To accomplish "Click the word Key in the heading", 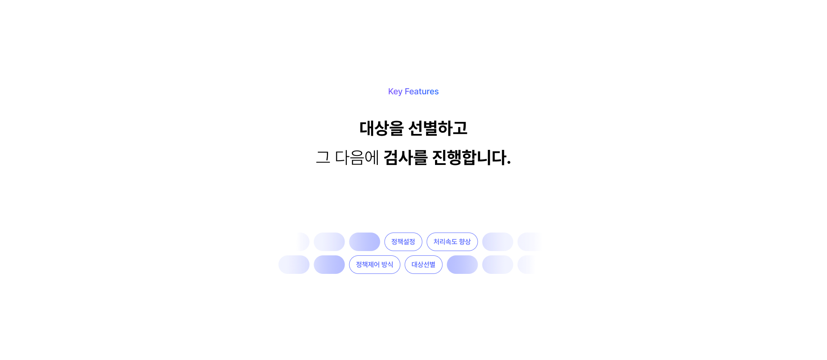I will point(395,91).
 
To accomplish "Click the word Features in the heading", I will point(421,91).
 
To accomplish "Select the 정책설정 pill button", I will point(403,242).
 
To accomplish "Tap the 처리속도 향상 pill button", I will point(452,242).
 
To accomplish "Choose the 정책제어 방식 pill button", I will point(374,264).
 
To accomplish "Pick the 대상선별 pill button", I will point(423,264).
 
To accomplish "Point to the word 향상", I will point(465,242).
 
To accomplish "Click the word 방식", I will point(387,264).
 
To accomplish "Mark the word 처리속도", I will point(445,242).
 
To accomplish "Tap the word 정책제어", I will point(368,264).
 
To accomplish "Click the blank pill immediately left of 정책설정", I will point(364,242).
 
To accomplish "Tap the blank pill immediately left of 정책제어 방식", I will point(329,264).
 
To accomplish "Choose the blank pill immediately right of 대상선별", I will point(462,264).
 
